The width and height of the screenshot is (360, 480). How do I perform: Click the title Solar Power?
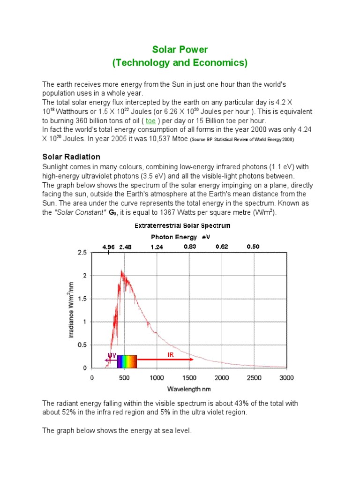coord(180,49)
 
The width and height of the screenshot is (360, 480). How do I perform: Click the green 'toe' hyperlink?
coord(151,121)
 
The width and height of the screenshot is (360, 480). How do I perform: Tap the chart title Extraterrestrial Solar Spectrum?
coord(182,225)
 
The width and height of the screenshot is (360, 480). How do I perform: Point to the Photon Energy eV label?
coord(180,237)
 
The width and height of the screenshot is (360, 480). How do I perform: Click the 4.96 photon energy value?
coord(108,247)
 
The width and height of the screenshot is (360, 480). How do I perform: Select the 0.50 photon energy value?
coord(253,247)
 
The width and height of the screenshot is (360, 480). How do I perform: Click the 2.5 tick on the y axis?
coord(82,253)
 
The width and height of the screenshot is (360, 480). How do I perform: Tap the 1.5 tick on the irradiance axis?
coord(82,299)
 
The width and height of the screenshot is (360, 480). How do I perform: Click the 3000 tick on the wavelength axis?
coord(286,378)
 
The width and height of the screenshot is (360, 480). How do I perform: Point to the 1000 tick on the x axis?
coord(157,378)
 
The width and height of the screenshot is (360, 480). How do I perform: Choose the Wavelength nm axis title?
coord(189,389)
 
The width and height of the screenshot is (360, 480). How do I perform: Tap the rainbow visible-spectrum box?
coord(127,361)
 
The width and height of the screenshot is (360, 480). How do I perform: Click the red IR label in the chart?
coord(171,355)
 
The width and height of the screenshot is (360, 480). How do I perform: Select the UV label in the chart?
coord(112,355)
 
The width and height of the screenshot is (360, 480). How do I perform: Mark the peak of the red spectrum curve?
coord(122,270)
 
